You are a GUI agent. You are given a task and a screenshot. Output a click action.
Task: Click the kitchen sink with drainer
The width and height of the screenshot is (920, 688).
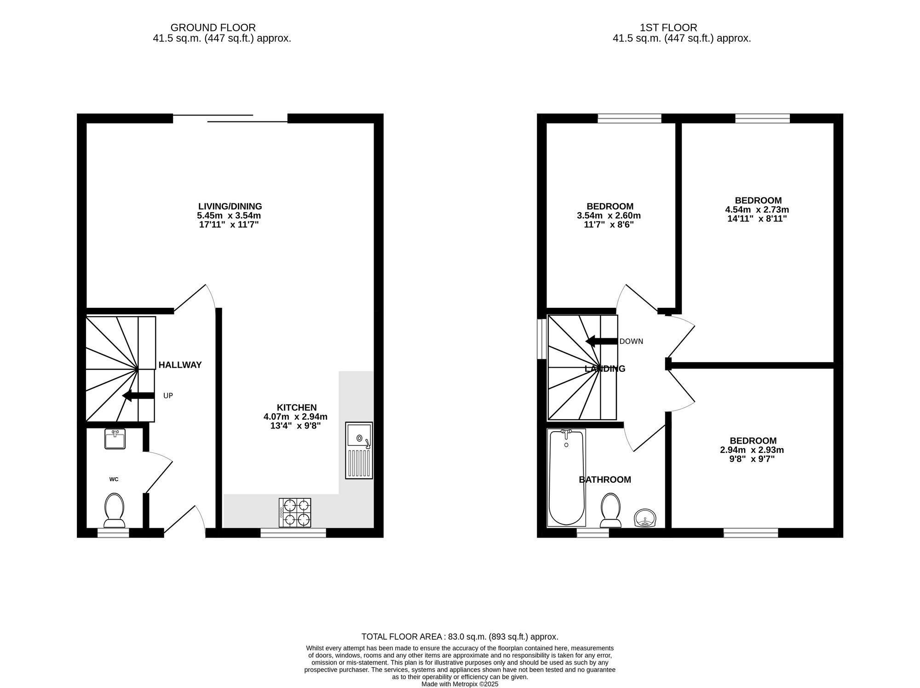click(359, 451)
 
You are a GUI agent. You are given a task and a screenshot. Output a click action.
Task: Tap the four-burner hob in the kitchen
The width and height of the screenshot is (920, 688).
click(295, 513)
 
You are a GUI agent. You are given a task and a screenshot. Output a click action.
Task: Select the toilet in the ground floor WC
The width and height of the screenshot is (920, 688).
click(114, 510)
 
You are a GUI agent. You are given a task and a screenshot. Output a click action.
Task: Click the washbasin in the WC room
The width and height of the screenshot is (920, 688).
click(115, 439)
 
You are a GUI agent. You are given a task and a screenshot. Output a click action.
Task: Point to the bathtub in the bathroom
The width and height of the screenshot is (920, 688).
click(566, 477)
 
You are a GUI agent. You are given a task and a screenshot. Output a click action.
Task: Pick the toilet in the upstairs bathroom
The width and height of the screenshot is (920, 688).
click(610, 510)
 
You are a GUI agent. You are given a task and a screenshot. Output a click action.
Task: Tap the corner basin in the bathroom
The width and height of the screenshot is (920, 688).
click(646, 518)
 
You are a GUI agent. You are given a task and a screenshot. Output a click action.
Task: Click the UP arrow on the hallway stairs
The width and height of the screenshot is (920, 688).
click(138, 395)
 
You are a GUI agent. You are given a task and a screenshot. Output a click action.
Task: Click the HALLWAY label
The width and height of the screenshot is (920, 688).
click(180, 365)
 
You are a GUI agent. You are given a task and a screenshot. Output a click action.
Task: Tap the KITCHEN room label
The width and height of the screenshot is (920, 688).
click(297, 407)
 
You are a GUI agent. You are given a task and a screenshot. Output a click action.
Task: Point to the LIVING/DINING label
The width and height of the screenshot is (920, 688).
click(230, 206)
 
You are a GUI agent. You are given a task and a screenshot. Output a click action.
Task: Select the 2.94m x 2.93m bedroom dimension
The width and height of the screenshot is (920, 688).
click(753, 450)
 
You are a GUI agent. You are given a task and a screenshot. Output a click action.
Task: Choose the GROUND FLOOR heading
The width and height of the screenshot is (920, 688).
click(213, 28)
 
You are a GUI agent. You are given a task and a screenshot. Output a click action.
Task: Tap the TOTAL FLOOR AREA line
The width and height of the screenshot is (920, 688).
click(460, 636)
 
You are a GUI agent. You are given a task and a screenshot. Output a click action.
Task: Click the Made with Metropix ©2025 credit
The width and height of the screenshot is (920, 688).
click(460, 684)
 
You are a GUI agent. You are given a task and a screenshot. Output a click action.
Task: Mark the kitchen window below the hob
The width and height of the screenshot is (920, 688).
click(293, 533)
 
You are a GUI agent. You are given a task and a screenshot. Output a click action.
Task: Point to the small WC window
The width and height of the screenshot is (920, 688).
click(113, 533)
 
